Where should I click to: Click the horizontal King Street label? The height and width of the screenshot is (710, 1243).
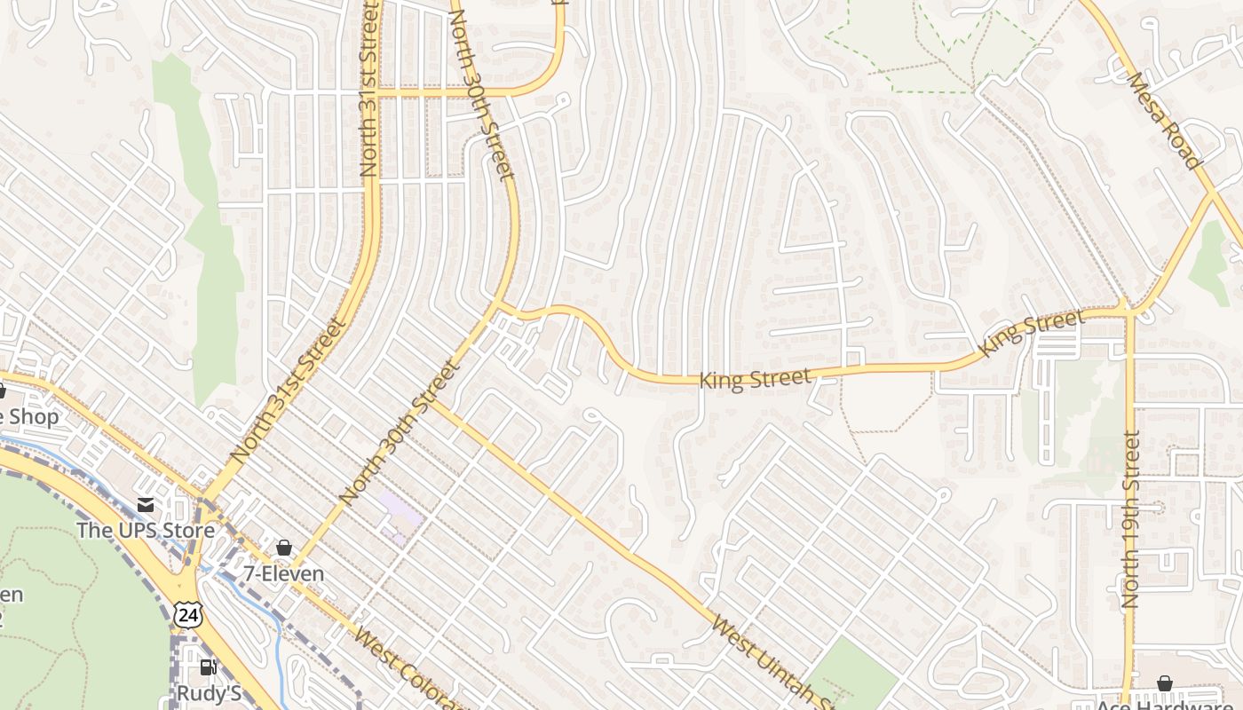(x=755, y=379)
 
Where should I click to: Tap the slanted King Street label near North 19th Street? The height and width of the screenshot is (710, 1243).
(x=1031, y=333)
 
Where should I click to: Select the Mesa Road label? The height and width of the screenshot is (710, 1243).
(x=1163, y=120)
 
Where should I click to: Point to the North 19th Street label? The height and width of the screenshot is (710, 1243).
(x=1130, y=519)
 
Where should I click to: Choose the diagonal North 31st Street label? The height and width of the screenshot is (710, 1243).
(x=288, y=390)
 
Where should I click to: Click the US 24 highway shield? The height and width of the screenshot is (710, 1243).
(x=188, y=614)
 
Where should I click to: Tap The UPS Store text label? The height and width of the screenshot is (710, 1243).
(x=146, y=531)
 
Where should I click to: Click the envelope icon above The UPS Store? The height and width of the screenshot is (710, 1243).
(x=146, y=505)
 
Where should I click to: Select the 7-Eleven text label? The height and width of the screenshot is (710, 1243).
(x=284, y=573)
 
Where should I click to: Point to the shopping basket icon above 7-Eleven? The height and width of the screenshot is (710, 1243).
(x=284, y=548)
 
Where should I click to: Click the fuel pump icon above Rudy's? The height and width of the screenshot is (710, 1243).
(x=208, y=667)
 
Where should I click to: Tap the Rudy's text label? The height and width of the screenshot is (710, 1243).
(x=209, y=693)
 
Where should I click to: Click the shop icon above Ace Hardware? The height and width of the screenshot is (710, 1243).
(x=1164, y=683)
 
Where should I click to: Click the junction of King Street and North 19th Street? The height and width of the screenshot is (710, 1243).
(x=1128, y=312)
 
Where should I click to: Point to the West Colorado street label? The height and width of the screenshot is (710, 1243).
(x=408, y=670)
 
